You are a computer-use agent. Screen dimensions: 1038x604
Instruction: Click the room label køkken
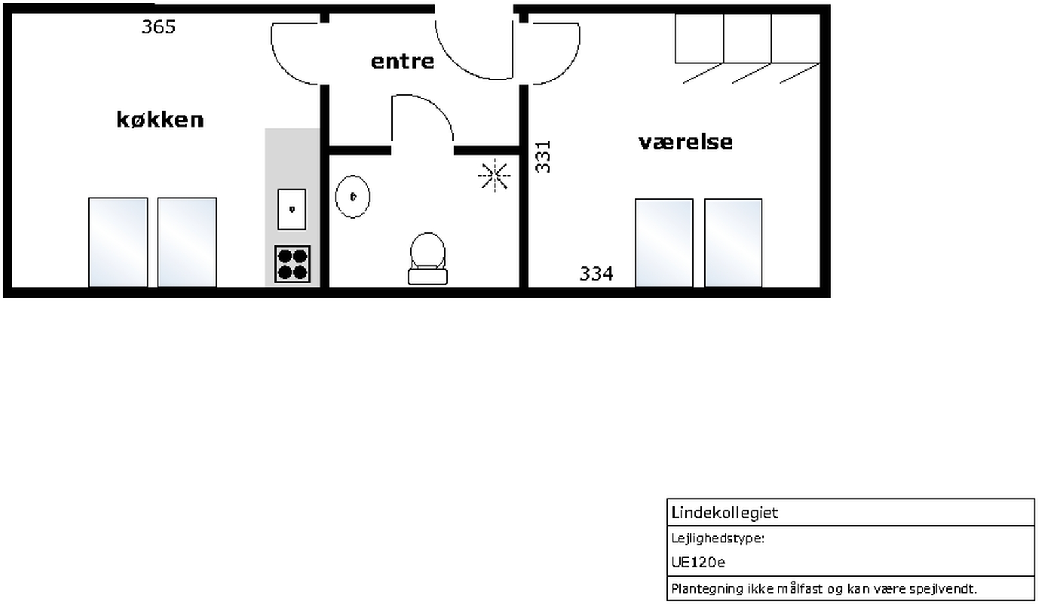tap(160, 120)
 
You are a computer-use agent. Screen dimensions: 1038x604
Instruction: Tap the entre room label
tap(403, 62)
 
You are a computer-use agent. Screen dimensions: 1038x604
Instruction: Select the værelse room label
tap(685, 142)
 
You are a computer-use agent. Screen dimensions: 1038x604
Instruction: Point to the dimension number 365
tap(158, 27)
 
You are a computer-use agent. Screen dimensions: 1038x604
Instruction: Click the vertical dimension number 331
tap(543, 157)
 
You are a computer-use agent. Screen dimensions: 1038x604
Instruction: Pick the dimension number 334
tap(596, 274)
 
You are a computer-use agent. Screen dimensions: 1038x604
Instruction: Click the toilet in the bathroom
tap(428, 258)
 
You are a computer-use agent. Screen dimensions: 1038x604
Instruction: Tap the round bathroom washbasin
tap(353, 196)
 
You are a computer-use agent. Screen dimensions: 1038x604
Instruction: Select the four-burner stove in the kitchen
tap(293, 264)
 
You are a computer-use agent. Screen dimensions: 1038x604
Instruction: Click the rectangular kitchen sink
tap(292, 209)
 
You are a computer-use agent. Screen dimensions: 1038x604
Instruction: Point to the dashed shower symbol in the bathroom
tap(494, 175)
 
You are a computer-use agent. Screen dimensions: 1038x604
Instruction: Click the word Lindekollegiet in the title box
tap(725, 513)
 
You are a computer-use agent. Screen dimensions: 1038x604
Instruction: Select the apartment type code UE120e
tap(698, 562)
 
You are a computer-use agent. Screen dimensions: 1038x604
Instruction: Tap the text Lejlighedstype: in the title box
tap(718, 539)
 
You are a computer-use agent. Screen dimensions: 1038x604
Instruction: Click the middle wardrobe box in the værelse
tap(747, 39)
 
